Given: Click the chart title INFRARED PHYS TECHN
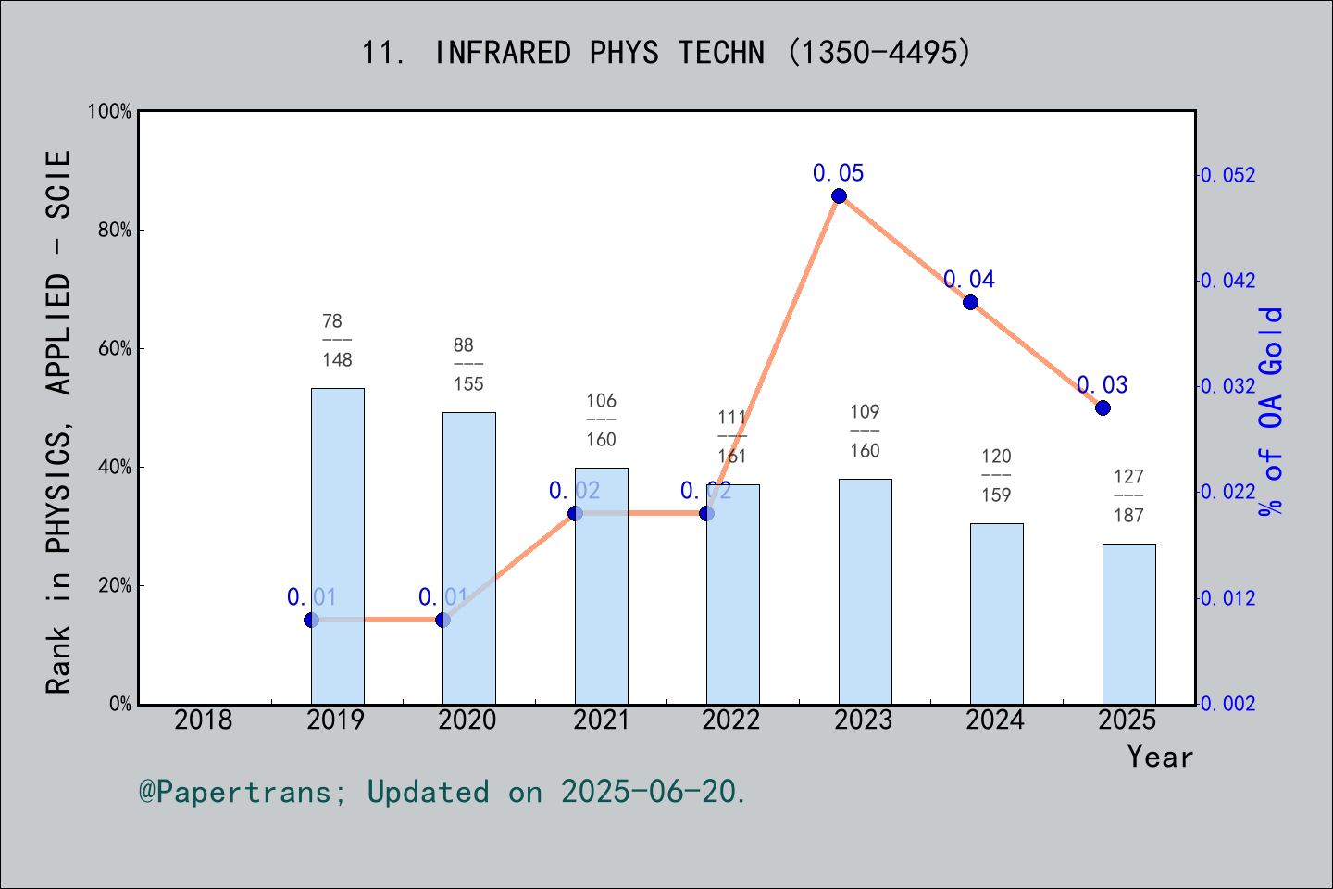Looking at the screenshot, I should coord(666,53).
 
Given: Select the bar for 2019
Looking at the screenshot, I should coord(337,546).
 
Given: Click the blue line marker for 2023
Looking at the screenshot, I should coord(839,195).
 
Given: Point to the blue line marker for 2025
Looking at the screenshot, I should coord(1103,407).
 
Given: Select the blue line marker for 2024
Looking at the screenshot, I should coord(970,302).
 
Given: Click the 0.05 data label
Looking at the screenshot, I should coord(838,173).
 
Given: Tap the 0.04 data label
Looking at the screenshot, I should coord(969,280).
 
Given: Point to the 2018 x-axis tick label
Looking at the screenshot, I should coord(204,720).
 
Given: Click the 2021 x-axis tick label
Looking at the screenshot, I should coord(601,720).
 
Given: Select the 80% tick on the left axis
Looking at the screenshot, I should coord(115,231).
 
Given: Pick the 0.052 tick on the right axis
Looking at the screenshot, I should coord(1228,175).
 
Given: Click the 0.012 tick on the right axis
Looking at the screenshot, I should coord(1228,598).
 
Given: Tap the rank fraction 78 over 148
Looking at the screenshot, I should coord(337,340).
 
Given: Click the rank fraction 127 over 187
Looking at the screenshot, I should coord(1128,495).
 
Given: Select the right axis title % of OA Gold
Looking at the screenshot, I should coord(1271,411).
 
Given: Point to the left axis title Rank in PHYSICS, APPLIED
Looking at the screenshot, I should coord(58,421).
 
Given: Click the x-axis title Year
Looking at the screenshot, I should coord(1160,757).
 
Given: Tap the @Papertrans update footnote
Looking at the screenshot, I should coord(442,792).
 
